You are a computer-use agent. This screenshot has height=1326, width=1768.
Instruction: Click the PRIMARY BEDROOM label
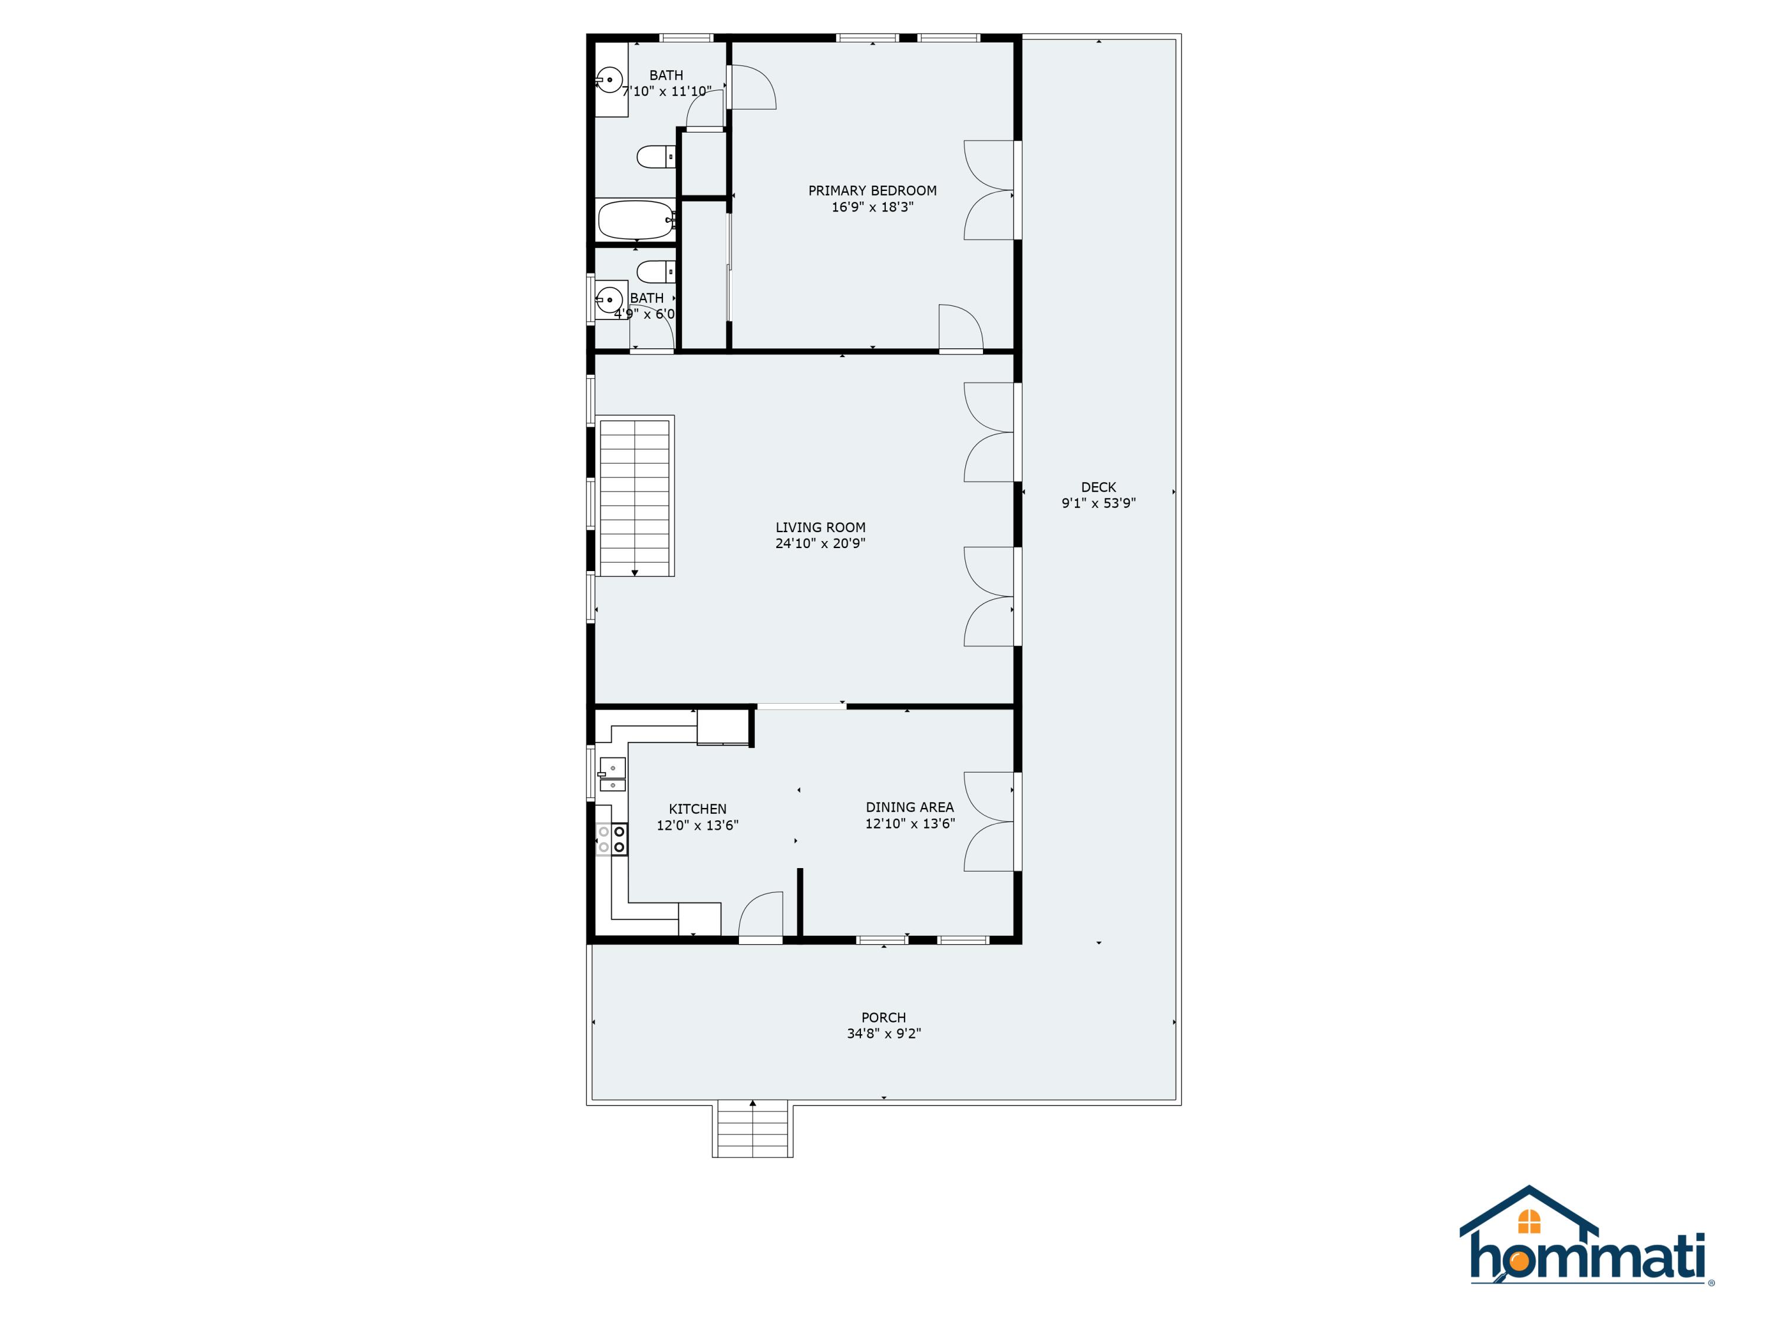[872, 190]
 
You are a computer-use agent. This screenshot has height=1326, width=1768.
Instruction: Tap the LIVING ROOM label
[820, 527]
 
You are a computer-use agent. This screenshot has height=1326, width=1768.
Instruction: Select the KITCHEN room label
[697, 809]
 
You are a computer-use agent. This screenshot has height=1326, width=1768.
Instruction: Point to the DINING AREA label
[909, 807]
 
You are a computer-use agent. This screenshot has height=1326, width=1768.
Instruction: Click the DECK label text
[1098, 487]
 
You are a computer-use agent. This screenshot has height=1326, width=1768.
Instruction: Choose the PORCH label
[883, 1017]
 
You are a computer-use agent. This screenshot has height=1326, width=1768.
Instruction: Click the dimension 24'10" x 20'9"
[820, 543]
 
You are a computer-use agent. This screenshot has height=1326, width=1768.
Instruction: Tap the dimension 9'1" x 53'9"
[1098, 503]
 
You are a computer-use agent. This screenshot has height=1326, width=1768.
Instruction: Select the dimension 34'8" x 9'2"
[883, 1034]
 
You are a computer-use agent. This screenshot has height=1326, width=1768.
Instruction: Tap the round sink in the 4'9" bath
[609, 300]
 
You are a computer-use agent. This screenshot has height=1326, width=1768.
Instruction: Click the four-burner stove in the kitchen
[612, 839]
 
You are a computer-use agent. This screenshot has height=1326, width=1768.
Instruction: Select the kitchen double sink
[612, 774]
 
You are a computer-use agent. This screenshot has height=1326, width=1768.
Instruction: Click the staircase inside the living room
[635, 496]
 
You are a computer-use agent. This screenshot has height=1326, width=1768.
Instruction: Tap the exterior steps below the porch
[752, 1129]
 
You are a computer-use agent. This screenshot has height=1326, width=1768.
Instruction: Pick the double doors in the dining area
[989, 821]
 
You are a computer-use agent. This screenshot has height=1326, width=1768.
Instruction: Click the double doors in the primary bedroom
[989, 190]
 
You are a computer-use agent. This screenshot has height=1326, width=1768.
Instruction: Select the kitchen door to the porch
[761, 916]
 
